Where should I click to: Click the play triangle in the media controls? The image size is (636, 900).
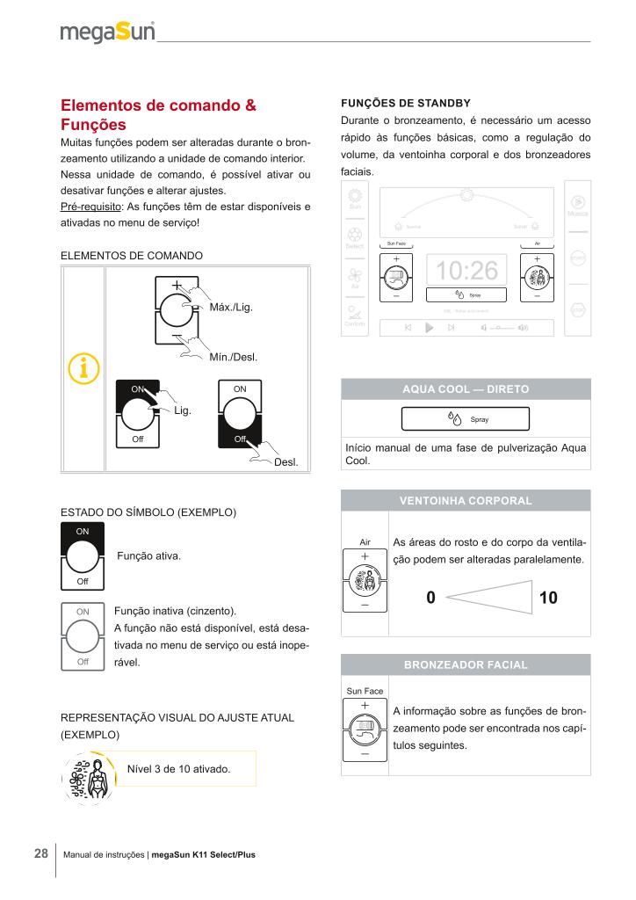430,327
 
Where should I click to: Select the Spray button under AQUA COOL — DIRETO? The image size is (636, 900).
468,419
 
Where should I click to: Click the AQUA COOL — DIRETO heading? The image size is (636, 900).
465,388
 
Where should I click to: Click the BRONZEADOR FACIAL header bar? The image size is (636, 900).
465,664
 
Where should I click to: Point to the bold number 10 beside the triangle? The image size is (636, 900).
548,599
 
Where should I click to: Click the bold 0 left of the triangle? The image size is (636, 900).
430,599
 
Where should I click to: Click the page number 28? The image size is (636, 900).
40,853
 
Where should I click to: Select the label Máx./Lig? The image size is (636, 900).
231,307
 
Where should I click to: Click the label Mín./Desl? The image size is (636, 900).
233,357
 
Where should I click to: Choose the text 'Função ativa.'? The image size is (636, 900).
149,556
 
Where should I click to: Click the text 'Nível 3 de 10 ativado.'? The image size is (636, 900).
178,769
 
